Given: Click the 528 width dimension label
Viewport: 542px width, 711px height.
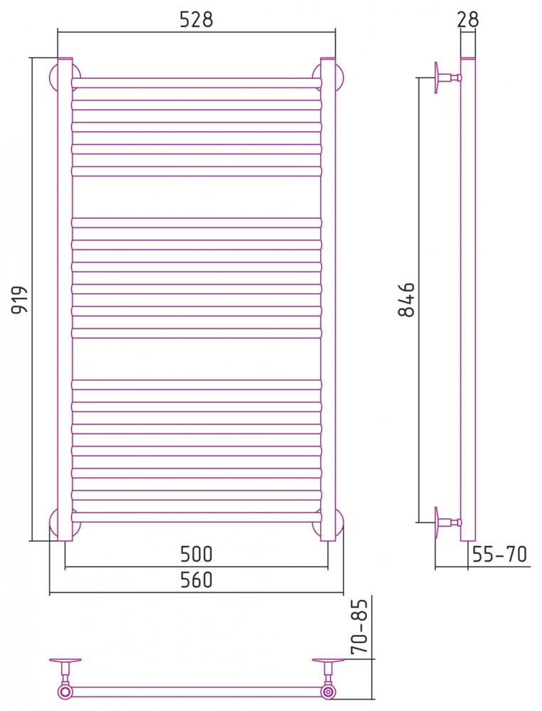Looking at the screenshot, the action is click(196, 19).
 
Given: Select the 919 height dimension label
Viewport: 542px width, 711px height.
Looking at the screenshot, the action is click(20, 299).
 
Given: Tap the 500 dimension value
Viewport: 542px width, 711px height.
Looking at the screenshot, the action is click(196, 554).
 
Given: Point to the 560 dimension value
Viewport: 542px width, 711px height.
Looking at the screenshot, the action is click(196, 580).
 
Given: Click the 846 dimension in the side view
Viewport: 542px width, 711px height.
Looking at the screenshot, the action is click(407, 299).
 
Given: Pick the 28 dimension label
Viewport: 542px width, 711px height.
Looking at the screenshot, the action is click(467, 19).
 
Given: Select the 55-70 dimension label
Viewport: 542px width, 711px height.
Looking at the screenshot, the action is click(499, 554).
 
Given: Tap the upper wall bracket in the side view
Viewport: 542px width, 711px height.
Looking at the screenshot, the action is click(447, 77).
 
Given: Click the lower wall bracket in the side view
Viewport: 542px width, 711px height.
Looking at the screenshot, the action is click(447, 523).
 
